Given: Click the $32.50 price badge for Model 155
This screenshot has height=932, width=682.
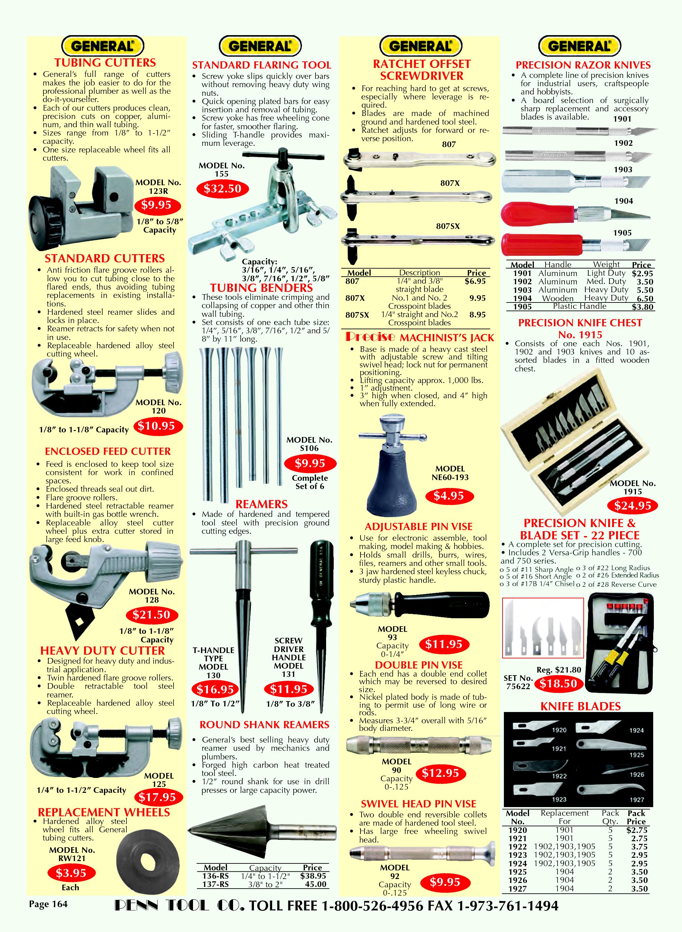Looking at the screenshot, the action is [x=222, y=189].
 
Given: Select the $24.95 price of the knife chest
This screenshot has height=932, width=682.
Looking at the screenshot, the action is [x=632, y=505].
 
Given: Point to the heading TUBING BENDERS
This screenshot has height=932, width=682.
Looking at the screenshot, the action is [x=261, y=288].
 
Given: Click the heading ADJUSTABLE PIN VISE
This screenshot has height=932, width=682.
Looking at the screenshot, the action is [x=418, y=527].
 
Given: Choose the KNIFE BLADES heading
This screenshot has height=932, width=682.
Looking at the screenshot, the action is [x=580, y=706].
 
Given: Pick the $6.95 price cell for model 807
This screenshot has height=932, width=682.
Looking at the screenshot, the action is [x=475, y=281].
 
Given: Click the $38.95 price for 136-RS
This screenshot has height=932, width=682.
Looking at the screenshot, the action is [x=313, y=876].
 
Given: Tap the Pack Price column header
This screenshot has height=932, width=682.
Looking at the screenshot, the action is [x=636, y=817].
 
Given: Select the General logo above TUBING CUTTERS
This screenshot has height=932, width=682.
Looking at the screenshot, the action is [x=102, y=45].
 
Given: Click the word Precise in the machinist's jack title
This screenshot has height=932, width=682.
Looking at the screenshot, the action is [x=370, y=337].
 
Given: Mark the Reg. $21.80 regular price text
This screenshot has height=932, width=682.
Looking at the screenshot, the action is [x=559, y=670].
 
